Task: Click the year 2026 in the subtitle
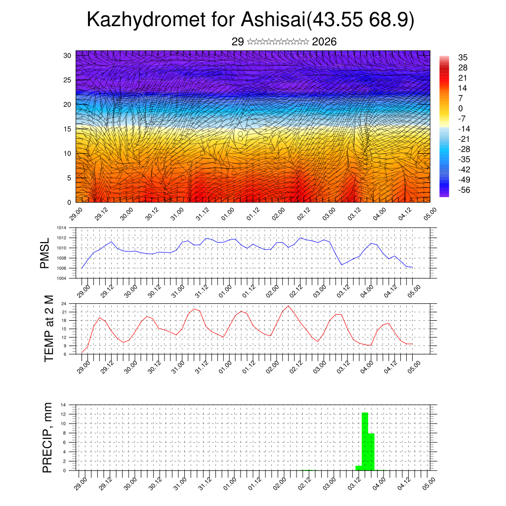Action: [324, 42]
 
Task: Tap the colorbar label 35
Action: [463, 57]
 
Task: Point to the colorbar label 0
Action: [461, 108]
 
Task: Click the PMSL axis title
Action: [45, 253]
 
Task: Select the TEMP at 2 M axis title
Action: [48, 329]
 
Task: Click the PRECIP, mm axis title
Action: [47, 437]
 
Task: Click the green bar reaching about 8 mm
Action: [371, 452]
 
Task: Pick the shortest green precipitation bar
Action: [359, 468]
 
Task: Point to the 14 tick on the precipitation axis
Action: [64, 405]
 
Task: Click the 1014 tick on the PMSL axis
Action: [61, 228]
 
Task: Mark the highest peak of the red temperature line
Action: [288, 306]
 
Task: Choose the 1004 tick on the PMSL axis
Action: [61, 278]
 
